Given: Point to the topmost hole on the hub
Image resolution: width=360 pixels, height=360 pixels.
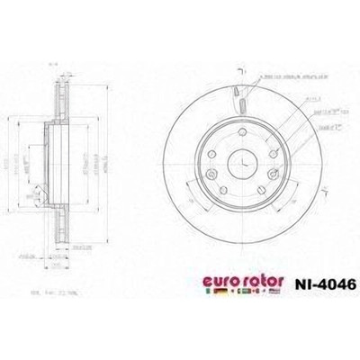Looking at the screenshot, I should pyautogui.click(x=243, y=131).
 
